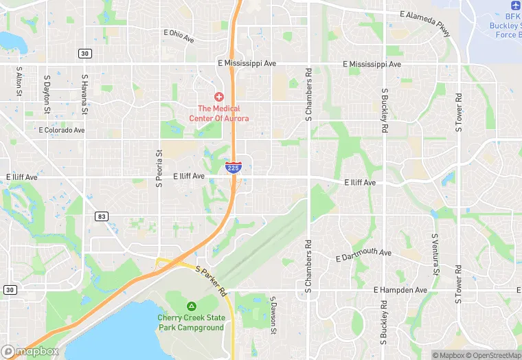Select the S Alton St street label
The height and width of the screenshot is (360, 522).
19,83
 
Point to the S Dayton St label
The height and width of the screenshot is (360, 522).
47,93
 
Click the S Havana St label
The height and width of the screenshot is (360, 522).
84,95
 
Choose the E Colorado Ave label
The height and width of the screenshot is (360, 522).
62,130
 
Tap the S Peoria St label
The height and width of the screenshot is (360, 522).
159,168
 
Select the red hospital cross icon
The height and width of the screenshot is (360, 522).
219,97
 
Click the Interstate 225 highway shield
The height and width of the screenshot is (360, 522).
234,167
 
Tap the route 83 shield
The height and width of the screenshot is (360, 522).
102,216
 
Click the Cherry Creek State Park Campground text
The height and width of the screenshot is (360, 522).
191,322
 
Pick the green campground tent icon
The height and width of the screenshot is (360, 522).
191,306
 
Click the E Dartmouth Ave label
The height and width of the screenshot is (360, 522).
363,255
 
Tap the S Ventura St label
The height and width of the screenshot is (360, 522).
435,253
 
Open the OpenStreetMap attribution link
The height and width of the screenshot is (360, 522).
492,355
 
